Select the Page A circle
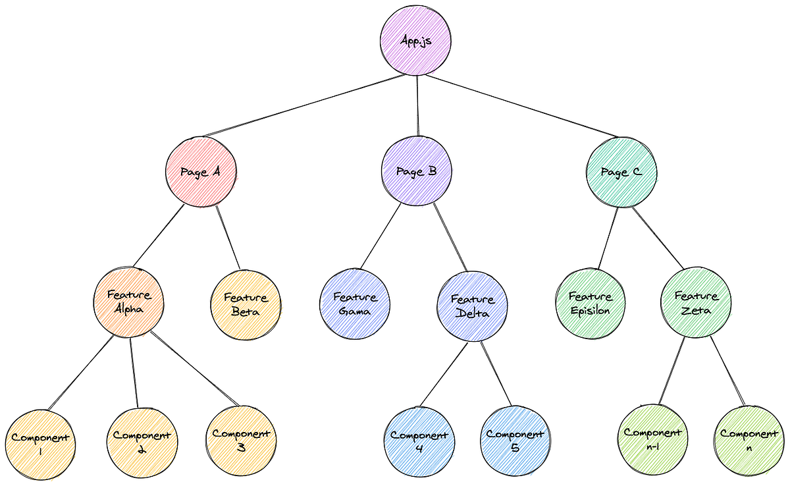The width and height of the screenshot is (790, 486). [201, 172]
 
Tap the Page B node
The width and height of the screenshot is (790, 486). [417, 172]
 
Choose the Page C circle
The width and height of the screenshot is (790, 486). [622, 172]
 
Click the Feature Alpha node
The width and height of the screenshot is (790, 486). [128, 304]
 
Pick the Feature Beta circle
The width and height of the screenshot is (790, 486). [245, 304]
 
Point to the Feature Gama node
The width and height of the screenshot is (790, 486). [355, 304]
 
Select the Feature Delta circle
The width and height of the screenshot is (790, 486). [472, 306]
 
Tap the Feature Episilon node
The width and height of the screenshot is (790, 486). [591, 304]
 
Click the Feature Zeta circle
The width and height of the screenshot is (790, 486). [696, 304]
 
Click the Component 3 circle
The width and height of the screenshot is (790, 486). [241, 440]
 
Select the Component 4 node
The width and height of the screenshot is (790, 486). [419, 441]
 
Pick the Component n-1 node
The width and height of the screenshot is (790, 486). [652, 439]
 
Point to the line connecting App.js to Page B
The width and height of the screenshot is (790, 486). [417, 105]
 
